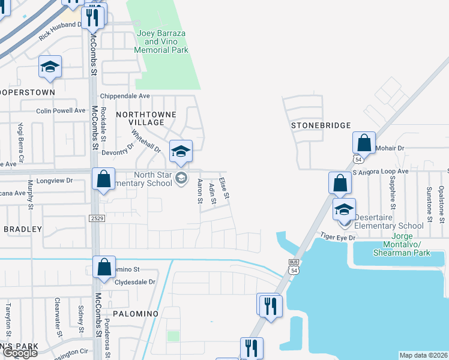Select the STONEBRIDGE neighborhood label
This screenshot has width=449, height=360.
[320, 125]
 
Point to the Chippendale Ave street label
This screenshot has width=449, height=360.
[125, 96]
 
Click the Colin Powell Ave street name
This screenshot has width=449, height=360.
[61, 111]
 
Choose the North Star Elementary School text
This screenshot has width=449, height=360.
[145, 179]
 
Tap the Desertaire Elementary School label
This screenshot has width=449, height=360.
[389, 221]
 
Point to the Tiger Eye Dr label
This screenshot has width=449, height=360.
[338, 238]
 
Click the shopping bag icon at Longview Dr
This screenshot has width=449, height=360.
[104, 179]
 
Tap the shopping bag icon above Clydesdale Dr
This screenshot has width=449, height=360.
[104, 268]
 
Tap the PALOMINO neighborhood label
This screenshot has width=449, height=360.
[135, 314]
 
